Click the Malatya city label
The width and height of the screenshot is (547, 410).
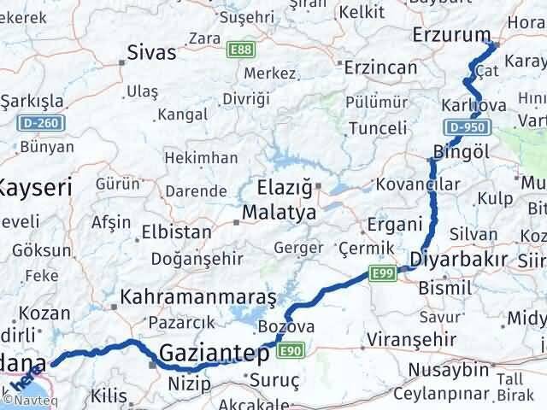click(x=279, y=211)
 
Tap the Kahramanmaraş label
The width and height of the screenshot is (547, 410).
click(x=198, y=297)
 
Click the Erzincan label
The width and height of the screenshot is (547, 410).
click(x=382, y=67)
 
